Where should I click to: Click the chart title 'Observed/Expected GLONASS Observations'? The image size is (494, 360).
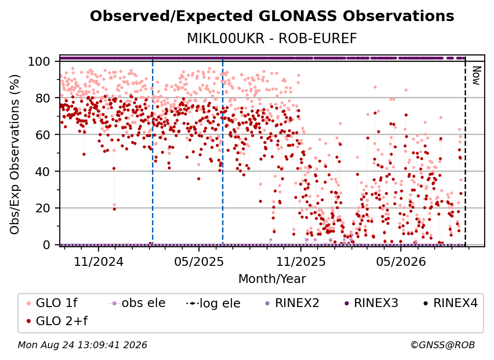point(272,16)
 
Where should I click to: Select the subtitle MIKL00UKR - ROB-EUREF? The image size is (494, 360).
point(272,38)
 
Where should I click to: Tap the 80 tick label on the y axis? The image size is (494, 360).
point(43,98)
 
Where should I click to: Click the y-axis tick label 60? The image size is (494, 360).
point(43,135)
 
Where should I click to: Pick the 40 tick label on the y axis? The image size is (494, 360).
point(43,172)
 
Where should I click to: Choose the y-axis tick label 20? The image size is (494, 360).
point(43,208)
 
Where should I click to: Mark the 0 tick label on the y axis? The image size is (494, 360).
point(46,245)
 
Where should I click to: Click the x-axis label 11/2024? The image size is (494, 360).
point(99,261)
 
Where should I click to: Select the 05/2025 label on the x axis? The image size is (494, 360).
point(199,261)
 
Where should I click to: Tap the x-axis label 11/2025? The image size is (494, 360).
point(301,261)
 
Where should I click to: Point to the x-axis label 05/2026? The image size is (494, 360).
point(401,261)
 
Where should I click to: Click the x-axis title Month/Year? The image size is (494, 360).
point(272,279)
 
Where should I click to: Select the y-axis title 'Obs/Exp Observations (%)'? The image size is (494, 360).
point(15,154)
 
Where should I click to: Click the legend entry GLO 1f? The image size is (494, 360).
point(52,303)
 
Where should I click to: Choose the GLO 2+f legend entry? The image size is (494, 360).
point(57,321)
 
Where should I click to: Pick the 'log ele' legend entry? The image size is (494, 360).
point(213,303)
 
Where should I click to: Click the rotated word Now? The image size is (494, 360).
point(476,76)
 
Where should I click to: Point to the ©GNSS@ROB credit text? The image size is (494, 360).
point(443,345)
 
